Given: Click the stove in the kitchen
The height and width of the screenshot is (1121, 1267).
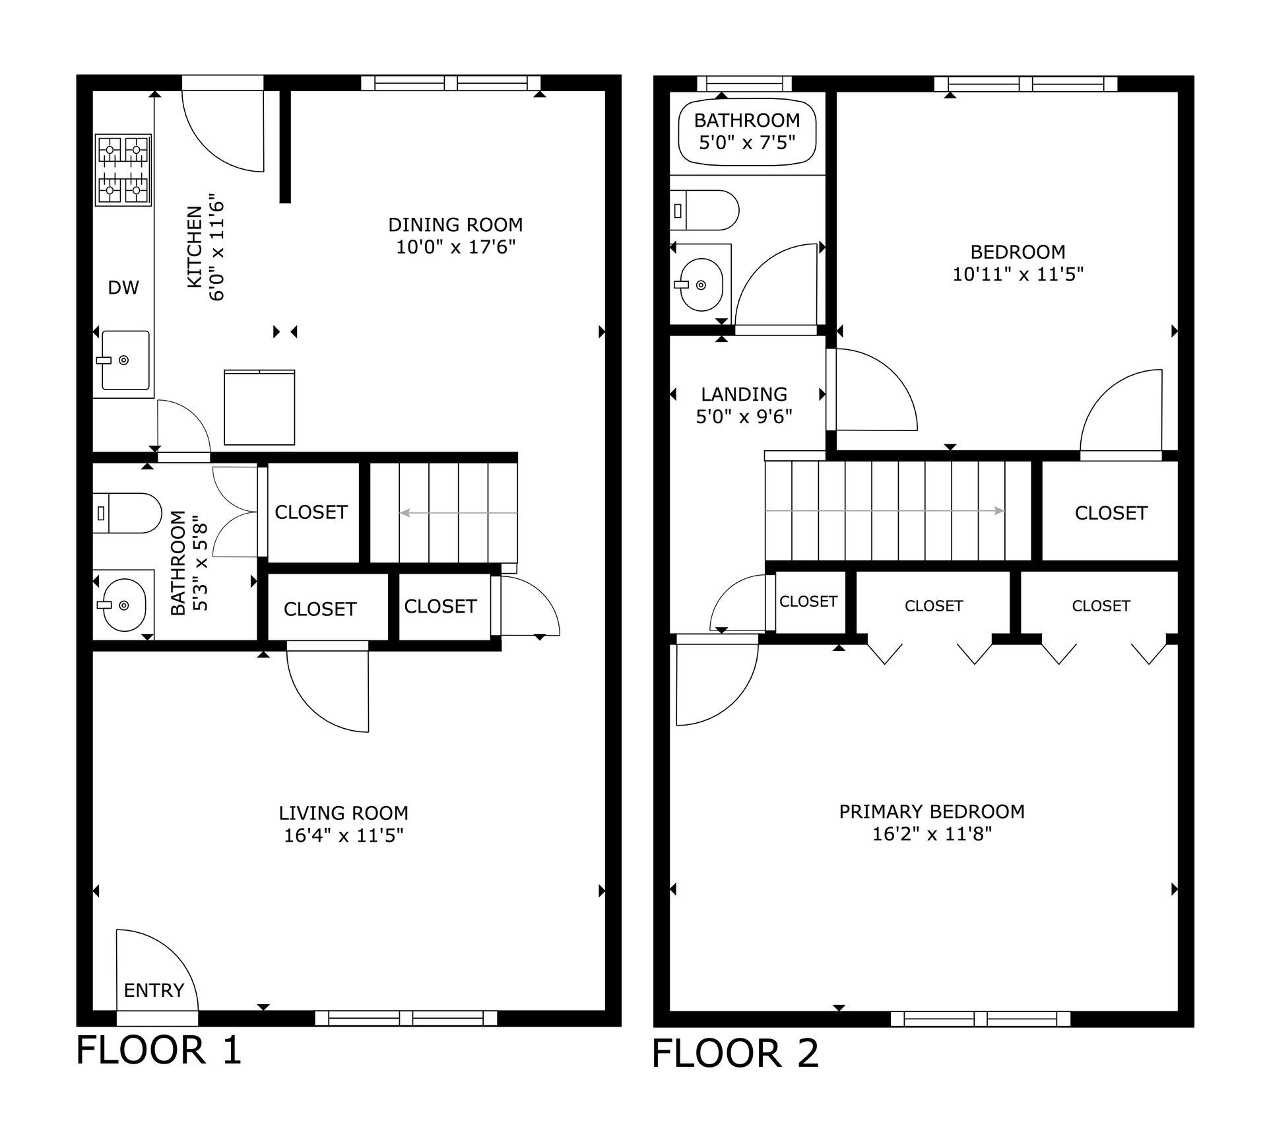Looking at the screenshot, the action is (x=123, y=170).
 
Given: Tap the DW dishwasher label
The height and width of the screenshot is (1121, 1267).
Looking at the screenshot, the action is (x=123, y=287).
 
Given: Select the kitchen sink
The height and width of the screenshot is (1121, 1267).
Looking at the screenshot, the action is (x=125, y=360).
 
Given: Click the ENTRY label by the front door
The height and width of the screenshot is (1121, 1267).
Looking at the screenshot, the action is (x=154, y=990).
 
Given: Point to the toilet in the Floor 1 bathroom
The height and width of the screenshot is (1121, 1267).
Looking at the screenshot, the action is (x=127, y=513).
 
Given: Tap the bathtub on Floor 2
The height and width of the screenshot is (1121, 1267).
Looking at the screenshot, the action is (x=747, y=132).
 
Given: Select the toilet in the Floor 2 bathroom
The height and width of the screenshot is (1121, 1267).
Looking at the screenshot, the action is (x=704, y=210).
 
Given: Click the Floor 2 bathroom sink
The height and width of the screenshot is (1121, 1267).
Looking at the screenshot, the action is (x=700, y=285).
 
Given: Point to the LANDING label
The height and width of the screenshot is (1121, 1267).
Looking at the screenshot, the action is (x=744, y=394).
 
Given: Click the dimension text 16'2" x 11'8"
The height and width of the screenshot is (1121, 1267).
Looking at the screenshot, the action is (x=932, y=834).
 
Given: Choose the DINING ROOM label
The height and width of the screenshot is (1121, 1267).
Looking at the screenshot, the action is (x=455, y=224).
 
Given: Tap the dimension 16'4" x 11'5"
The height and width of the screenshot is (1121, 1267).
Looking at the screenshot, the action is (x=343, y=835).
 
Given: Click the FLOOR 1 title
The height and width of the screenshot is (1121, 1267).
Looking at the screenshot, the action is (x=159, y=1050).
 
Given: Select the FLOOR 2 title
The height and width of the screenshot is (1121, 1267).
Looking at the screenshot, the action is (x=735, y=1053).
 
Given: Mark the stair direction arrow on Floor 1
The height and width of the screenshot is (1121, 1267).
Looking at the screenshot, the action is (x=459, y=513).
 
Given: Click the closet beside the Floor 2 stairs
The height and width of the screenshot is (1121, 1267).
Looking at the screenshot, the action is (x=1111, y=512).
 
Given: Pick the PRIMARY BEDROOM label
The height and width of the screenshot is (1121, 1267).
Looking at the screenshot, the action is (x=932, y=811).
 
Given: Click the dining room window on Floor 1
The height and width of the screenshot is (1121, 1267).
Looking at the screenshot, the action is (x=451, y=83).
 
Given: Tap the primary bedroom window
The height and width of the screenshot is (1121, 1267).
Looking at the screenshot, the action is (x=981, y=1019).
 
